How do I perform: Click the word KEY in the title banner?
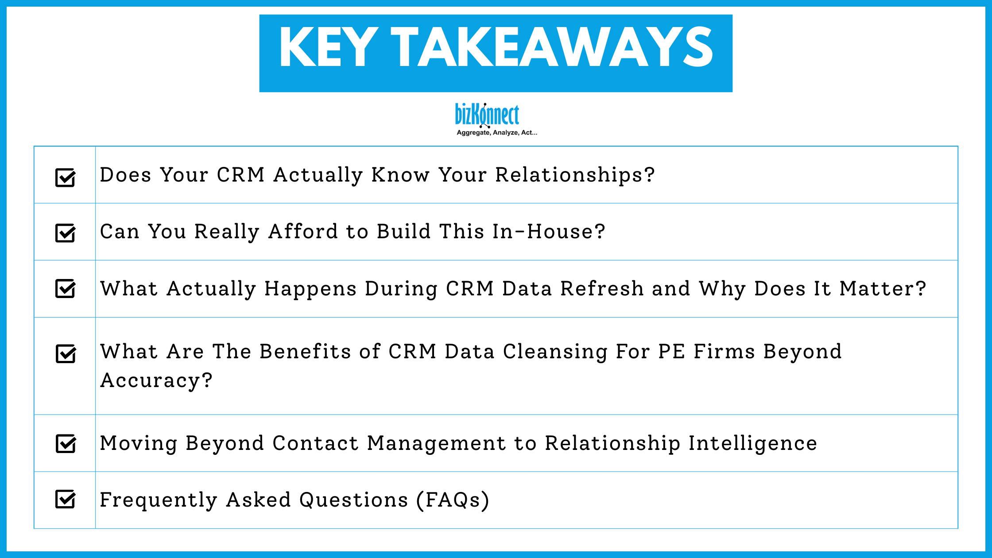point(328,47)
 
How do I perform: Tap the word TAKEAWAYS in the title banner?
point(552,47)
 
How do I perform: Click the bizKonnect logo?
point(487,115)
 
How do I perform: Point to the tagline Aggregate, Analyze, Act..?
point(496,132)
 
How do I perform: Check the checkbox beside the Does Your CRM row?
point(66,178)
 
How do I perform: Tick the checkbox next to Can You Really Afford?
point(66,233)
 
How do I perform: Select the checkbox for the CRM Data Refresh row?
point(66,289)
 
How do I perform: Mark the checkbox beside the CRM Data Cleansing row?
point(66,354)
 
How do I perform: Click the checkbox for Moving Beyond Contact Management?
point(66,444)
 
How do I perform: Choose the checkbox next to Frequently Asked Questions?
point(66,499)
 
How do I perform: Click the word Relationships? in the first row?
point(575,175)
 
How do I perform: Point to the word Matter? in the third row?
point(883,289)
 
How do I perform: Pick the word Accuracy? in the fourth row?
point(156,380)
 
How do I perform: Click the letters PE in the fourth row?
point(671,352)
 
